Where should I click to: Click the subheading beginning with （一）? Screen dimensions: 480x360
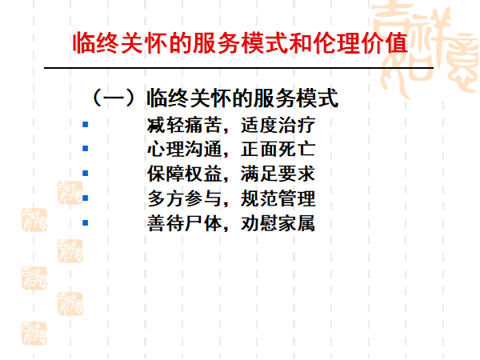pos(214,99)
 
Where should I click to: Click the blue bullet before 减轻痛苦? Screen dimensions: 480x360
pos(86,125)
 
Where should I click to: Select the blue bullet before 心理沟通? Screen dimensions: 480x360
pos(86,149)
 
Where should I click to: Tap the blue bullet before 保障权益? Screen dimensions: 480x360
pos(86,173)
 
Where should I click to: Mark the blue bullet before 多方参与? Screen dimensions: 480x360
pos(86,198)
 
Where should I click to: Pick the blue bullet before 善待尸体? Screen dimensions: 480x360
pos(86,222)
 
